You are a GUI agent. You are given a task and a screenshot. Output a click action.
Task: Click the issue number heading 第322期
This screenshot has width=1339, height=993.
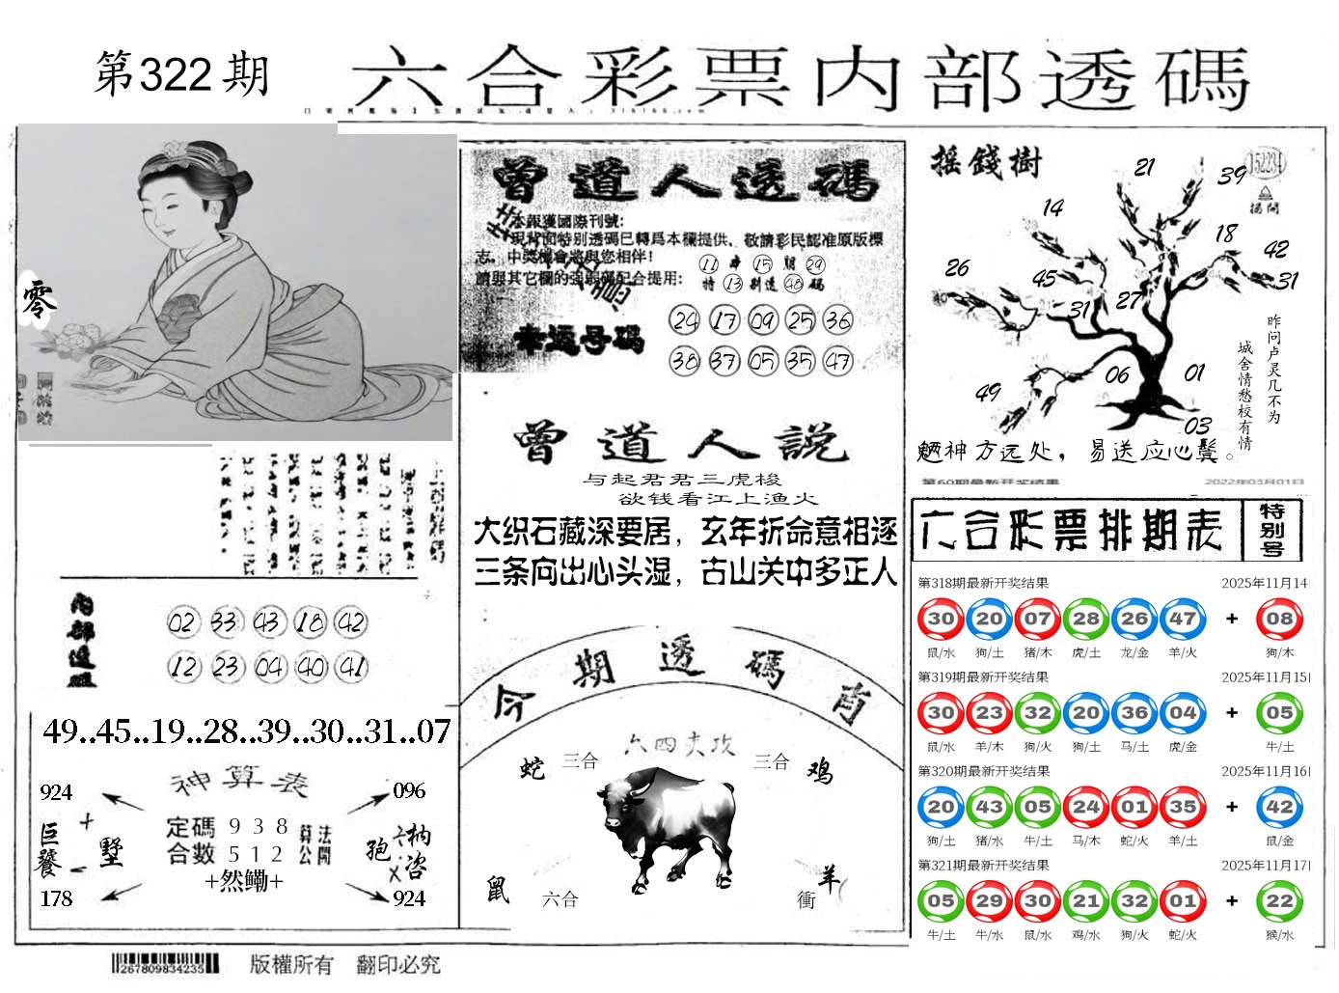pos(181,75)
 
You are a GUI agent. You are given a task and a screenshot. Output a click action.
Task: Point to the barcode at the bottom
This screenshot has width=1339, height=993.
pos(164,963)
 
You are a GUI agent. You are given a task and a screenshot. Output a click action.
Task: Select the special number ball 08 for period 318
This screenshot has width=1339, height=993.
pos(1279,620)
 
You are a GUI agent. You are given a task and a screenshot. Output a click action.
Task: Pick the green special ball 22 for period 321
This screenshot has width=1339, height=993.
pos(1279,901)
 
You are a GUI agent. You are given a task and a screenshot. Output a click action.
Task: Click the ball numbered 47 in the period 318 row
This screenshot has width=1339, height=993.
pos(1183,620)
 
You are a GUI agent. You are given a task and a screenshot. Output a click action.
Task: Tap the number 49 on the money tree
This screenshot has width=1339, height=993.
pos(988,393)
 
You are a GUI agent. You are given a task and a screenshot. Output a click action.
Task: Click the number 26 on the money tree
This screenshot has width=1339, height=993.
pos(957,267)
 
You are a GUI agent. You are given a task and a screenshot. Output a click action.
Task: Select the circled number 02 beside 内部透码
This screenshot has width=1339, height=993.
pos(181,622)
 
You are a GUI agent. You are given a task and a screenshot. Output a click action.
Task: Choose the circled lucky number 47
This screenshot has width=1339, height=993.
pos(837,361)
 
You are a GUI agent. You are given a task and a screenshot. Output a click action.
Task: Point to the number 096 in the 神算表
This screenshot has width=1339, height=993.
pos(408,791)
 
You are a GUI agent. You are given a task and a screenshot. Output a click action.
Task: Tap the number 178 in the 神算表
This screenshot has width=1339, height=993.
pos(56,898)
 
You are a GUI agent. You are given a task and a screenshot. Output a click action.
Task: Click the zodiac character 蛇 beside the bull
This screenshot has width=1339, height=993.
pos(532,768)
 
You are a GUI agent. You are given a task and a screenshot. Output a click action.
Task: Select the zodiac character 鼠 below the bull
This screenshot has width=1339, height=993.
pos(498,889)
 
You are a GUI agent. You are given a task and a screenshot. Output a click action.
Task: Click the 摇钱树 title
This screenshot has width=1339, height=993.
pos(986,162)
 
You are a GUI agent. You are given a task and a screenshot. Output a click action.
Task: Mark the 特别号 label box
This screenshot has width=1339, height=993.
pos(1271,529)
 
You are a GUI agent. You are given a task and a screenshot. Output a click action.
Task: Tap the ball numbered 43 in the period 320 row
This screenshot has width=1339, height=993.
pos(989,808)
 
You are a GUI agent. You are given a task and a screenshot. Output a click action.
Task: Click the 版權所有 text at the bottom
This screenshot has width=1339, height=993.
pos(291,963)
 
